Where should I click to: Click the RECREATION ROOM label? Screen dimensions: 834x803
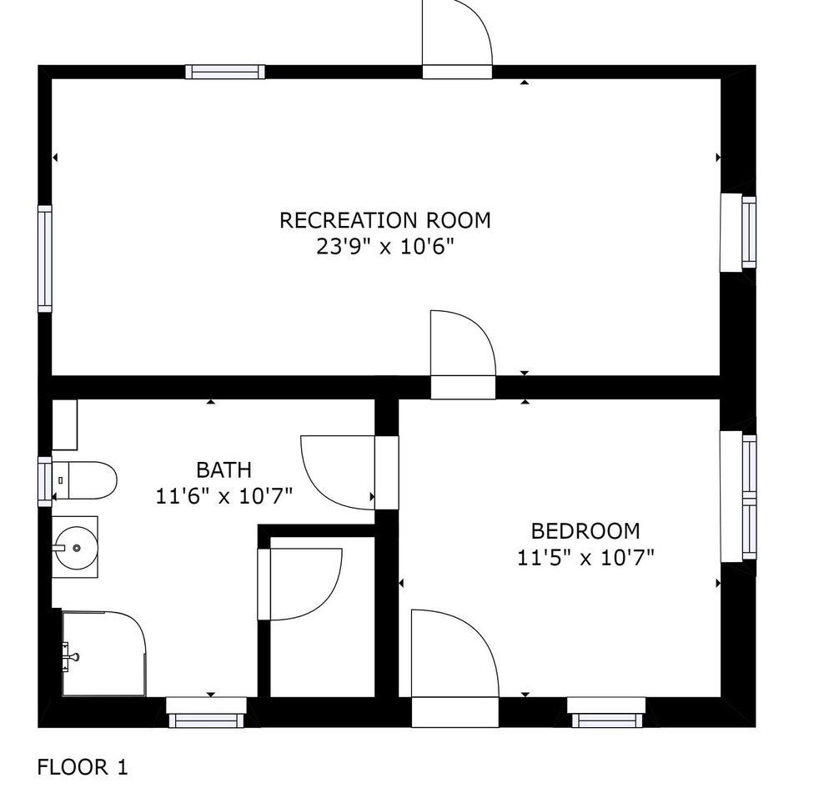385,220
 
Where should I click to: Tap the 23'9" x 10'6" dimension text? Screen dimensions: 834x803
385,247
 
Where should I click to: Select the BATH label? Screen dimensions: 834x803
224,470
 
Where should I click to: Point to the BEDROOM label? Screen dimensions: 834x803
585,531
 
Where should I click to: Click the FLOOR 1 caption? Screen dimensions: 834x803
83,767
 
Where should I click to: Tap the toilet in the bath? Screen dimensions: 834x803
84,480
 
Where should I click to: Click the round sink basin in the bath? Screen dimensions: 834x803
76,547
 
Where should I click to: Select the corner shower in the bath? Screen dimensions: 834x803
104,654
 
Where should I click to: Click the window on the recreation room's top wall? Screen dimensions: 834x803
225,72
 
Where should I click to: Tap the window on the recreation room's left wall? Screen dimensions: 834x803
45,258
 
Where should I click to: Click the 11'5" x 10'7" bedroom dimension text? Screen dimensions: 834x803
585,559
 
